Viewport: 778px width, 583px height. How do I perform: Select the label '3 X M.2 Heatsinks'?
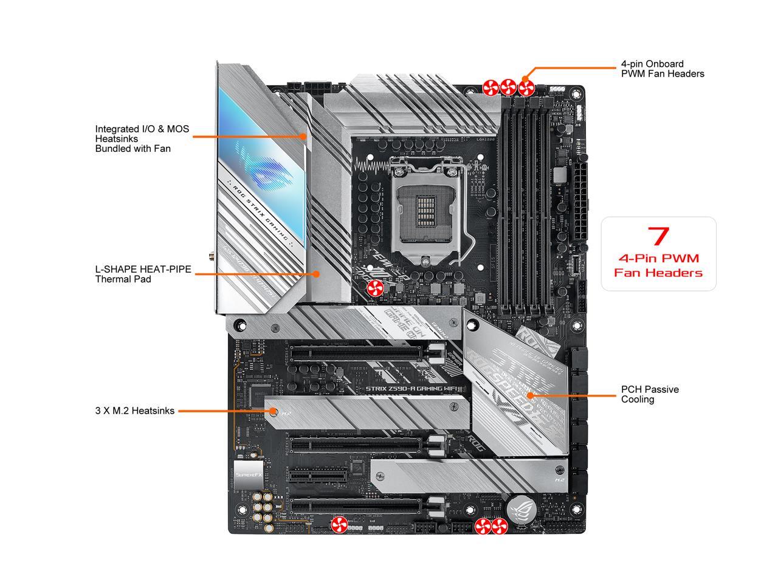tap(134, 411)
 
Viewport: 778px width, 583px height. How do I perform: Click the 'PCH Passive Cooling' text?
tap(649, 394)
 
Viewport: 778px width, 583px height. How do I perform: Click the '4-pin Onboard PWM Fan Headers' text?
tap(662, 69)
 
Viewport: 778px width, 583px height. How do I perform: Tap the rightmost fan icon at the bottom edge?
tap(500, 527)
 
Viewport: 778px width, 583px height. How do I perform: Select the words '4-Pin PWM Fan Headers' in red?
tap(658, 265)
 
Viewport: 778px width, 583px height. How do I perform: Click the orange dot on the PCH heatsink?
tap(529, 395)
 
